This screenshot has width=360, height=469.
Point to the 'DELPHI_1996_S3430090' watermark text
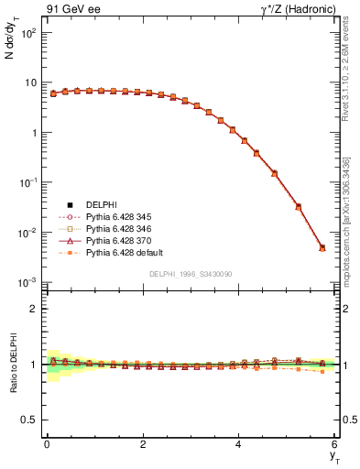[191, 274]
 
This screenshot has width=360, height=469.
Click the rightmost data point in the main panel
[322, 247]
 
